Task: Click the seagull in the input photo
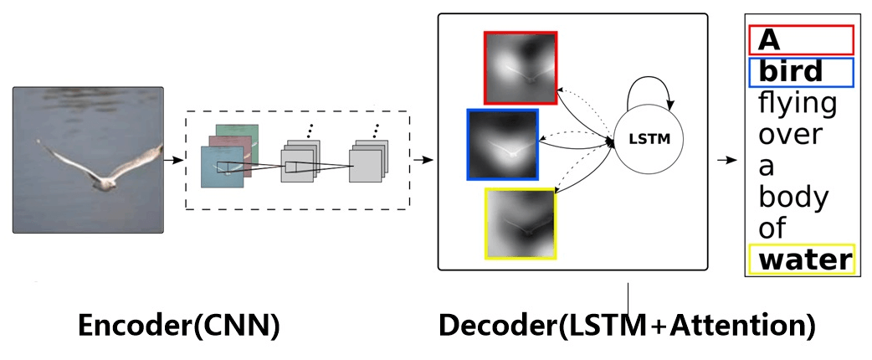[100, 163]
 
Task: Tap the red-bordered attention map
[520, 68]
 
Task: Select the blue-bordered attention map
[503, 144]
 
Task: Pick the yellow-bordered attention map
[520, 223]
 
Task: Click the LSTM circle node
[649, 137]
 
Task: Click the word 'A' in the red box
[770, 39]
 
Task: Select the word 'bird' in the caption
[791, 71]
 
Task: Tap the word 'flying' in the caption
[797, 104]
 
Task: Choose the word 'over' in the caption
[790, 135]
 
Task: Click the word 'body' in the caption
[792, 197]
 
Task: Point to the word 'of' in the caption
[774, 228]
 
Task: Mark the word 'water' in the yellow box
[803, 260]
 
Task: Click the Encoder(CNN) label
[178, 326]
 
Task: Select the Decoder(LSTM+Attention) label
[627, 326]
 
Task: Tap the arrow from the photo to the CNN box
[173, 158]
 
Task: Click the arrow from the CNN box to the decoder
[425, 159]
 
